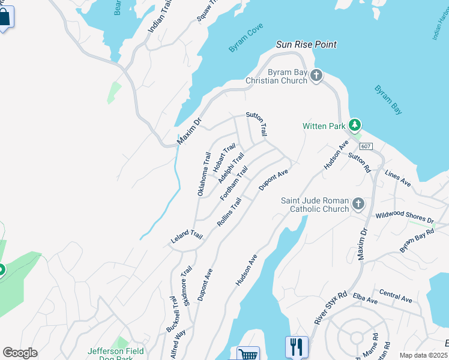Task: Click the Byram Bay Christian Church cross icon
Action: pos(316,76)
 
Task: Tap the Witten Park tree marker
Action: pos(355,125)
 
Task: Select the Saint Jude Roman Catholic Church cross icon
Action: pos(358,204)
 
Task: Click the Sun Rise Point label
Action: pos(306,44)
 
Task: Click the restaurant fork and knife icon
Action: pos(297,346)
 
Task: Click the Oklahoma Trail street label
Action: pos(204,173)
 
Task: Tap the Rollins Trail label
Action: pos(229,212)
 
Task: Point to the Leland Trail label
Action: pos(185,237)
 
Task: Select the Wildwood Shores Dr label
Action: pos(403,217)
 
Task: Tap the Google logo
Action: pos(20,353)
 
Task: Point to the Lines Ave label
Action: pos(397,178)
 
